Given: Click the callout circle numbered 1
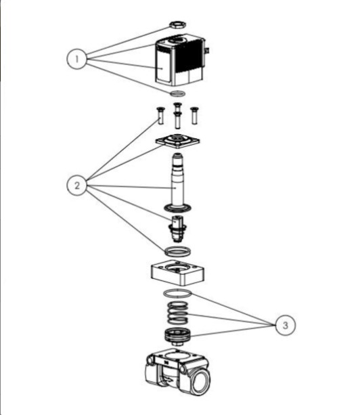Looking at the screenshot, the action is (x=76, y=59).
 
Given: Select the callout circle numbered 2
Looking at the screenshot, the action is (x=76, y=185).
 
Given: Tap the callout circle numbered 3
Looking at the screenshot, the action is (x=286, y=325).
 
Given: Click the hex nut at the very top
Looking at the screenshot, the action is (x=177, y=24).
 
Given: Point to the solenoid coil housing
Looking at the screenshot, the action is (x=179, y=60).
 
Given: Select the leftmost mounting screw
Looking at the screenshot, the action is (x=160, y=116).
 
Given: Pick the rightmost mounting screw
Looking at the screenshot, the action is (x=194, y=116).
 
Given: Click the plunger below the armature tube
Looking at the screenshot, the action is (x=177, y=229).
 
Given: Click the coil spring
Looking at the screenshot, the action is (x=178, y=313).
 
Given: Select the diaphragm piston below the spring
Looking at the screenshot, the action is (x=177, y=336).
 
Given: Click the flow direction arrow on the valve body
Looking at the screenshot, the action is (x=167, y=380).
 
